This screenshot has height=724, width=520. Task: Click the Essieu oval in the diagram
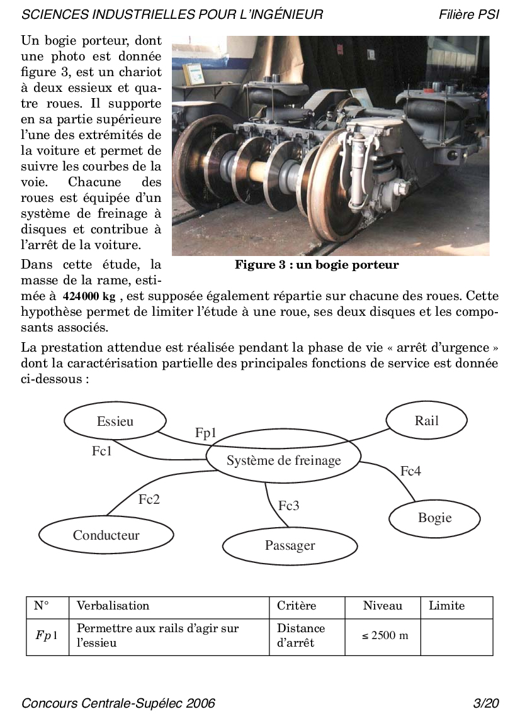[115, 421]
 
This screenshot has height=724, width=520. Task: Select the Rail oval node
[426, 421]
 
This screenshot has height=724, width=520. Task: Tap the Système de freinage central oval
[283, 460]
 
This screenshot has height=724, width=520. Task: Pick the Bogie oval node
[434, 518]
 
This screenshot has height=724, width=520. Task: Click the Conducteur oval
[106, 535]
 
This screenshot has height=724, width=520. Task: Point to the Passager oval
[290, 545]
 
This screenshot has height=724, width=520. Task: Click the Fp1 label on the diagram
[206, 433]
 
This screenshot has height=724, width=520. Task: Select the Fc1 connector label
[101, 451]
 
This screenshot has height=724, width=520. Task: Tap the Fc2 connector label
[149, 499]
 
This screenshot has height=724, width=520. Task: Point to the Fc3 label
[289, 505]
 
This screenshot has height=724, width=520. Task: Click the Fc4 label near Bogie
[410, 471]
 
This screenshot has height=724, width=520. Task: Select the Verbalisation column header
[113, 606]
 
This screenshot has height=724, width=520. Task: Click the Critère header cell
[297, 606]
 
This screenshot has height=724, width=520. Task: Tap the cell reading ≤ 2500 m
[385, 635]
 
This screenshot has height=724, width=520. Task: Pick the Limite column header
[446, 606]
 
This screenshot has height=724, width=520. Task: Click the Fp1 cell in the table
[47, 635]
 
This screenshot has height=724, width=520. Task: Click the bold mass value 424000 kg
[89, 298]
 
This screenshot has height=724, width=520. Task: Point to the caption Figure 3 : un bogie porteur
[317, 265]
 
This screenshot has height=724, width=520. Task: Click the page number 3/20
[486, 703]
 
